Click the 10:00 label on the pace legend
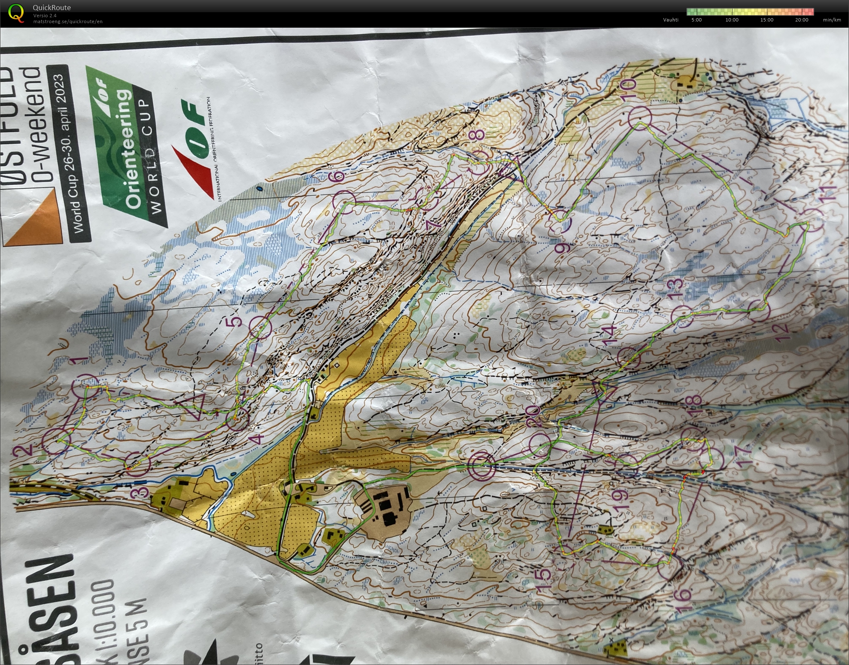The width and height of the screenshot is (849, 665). coord(732,20)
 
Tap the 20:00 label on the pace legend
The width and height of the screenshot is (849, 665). coord(801,20)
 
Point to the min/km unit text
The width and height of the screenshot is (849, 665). coord(832,20)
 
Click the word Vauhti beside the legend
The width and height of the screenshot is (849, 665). coord(671,20)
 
